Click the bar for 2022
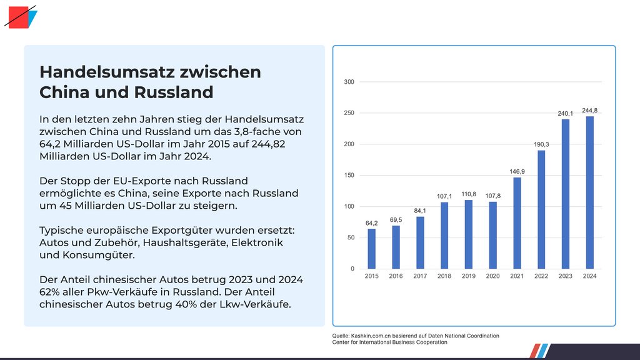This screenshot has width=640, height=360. point(541,209)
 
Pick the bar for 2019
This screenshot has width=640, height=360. point(468,234)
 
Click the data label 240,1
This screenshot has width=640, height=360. point(566,113)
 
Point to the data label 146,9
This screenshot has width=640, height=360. point(517,171)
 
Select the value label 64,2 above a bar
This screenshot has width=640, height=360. point(371,222)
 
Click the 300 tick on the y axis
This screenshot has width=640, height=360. point(349,82)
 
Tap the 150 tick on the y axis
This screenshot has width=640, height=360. point(349,176)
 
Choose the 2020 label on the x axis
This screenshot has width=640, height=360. point(492,276)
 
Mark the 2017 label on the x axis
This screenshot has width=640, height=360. point(420,276)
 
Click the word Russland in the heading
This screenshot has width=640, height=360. point(174,92)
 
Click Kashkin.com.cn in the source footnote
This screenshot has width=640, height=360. point(374,336)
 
